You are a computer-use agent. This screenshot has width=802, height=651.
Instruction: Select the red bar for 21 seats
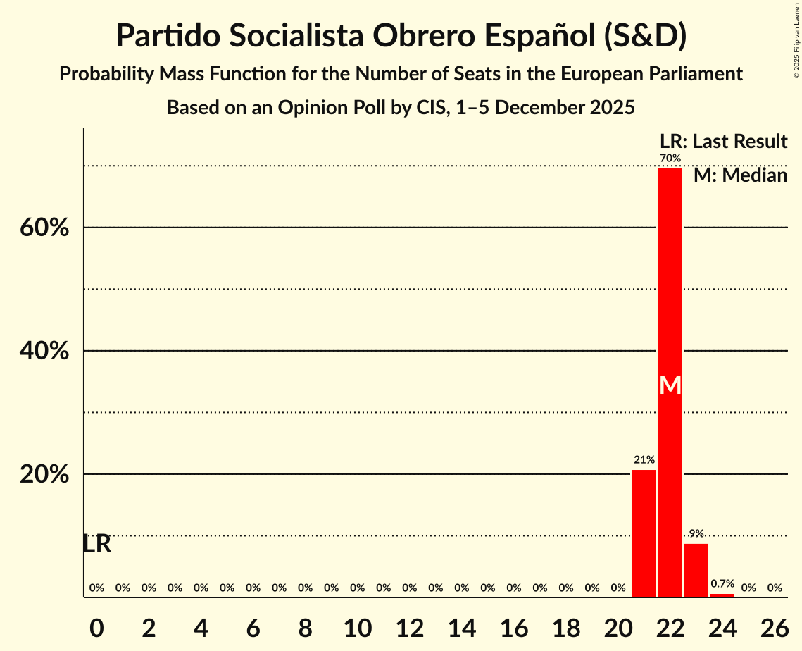(x=644, y=533)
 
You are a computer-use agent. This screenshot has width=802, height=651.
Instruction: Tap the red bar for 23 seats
(x=696, y=570)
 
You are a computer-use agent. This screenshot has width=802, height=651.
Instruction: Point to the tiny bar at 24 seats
(x=722, y=595)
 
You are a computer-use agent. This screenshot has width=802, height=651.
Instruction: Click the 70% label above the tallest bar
(x=670, y=158)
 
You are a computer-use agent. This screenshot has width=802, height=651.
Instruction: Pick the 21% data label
(x=644, y=460)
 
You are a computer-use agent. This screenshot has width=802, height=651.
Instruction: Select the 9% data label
(x=696, y=533)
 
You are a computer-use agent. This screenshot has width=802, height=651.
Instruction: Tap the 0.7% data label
(x=722, y=584)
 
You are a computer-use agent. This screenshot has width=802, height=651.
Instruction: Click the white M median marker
(x=670, y=385)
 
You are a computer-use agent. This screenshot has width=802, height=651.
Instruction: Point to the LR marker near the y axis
(x=96, y=544)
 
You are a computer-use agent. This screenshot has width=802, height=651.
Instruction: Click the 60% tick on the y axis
(x=44, y=228)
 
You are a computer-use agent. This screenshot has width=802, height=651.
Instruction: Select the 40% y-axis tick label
(x=44, y=351)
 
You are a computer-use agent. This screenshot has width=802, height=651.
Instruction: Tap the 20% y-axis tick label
(x=44, y=475)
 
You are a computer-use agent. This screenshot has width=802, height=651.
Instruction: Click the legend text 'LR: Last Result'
(x=723, y=142)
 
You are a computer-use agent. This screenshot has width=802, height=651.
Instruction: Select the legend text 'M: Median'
(x=740, y=175)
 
